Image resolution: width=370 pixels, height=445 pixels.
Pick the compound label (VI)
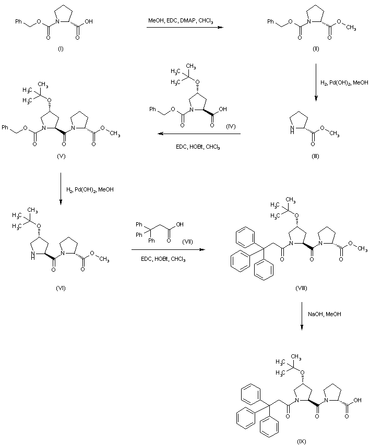[61, 288]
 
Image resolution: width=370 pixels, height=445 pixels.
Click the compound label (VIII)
[302, 288]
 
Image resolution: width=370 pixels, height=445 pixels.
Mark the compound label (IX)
[301, 441]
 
